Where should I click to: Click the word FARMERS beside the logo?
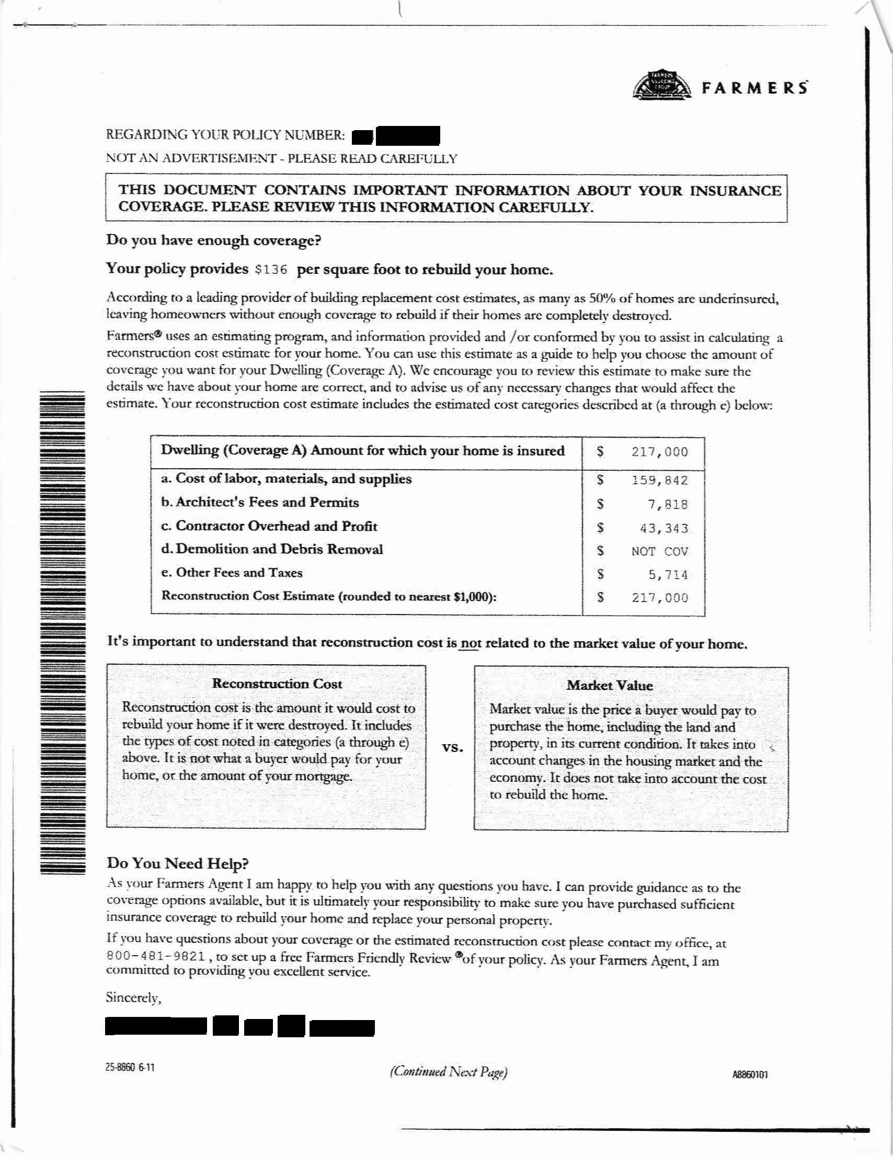754,87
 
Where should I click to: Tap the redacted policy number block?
396,136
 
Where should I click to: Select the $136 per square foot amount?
271,270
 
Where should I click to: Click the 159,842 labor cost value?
659,480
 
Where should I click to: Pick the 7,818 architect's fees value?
668,504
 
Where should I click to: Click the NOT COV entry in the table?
659,551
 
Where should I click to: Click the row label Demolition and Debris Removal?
272,549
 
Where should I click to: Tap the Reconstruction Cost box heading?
277,684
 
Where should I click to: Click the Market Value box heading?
610,686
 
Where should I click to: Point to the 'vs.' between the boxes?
452,748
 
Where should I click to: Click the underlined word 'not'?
470,644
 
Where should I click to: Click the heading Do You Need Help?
178,863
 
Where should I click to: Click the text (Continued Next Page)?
449,1073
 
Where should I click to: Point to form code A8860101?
750,1075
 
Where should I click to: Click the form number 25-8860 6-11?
130,1067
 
